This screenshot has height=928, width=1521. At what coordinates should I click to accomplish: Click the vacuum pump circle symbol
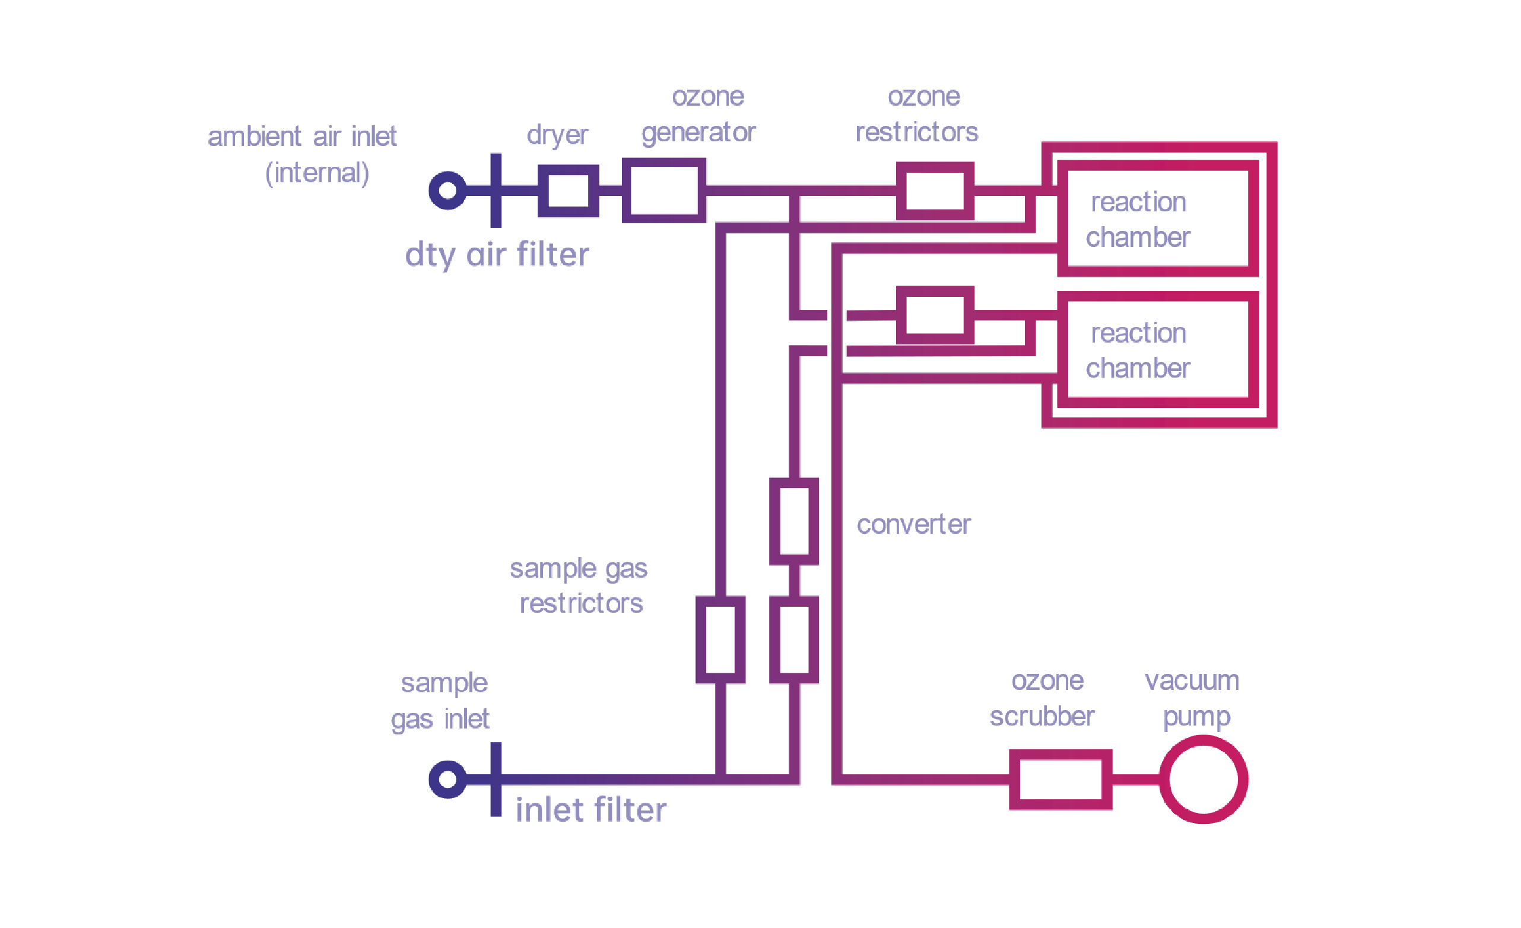tap(1203, 779)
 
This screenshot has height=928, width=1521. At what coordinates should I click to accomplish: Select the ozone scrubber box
tap(1060, 779)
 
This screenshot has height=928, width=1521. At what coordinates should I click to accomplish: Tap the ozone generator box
tap(663, 190)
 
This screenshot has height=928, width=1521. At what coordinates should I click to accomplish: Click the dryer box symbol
tap(568, 191)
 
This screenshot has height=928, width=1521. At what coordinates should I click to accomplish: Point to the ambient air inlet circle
tap(447, 190)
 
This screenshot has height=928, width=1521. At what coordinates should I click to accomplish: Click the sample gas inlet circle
tap(447, 779)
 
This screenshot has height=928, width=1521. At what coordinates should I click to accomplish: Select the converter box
tap(794, 521)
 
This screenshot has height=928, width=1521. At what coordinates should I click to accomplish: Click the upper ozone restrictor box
tap(935, 191)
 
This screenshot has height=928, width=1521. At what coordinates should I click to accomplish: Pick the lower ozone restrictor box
tap(935, 315)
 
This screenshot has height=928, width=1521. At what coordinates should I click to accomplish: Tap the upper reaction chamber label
tap(1138, 219)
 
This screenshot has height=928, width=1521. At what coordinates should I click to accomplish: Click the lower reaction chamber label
tap(1138, 350)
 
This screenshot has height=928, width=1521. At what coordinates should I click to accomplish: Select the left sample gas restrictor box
tap(720, 639)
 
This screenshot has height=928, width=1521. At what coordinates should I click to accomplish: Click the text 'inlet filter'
tap(590, 809)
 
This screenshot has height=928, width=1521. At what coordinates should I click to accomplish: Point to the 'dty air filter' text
tap(497, 254)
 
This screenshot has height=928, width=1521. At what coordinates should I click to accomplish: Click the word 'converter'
tap(913, 524)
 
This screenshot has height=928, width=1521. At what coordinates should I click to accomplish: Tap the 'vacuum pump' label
tap(1192, 698)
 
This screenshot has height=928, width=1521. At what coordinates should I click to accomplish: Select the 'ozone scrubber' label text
tap(1044, 698)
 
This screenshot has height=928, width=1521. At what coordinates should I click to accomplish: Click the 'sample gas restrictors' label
tap(579, 585)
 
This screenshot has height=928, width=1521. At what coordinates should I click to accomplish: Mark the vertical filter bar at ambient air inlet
tap(496, 190)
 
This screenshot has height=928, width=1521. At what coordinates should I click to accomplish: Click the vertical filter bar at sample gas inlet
tap(496, 779)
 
